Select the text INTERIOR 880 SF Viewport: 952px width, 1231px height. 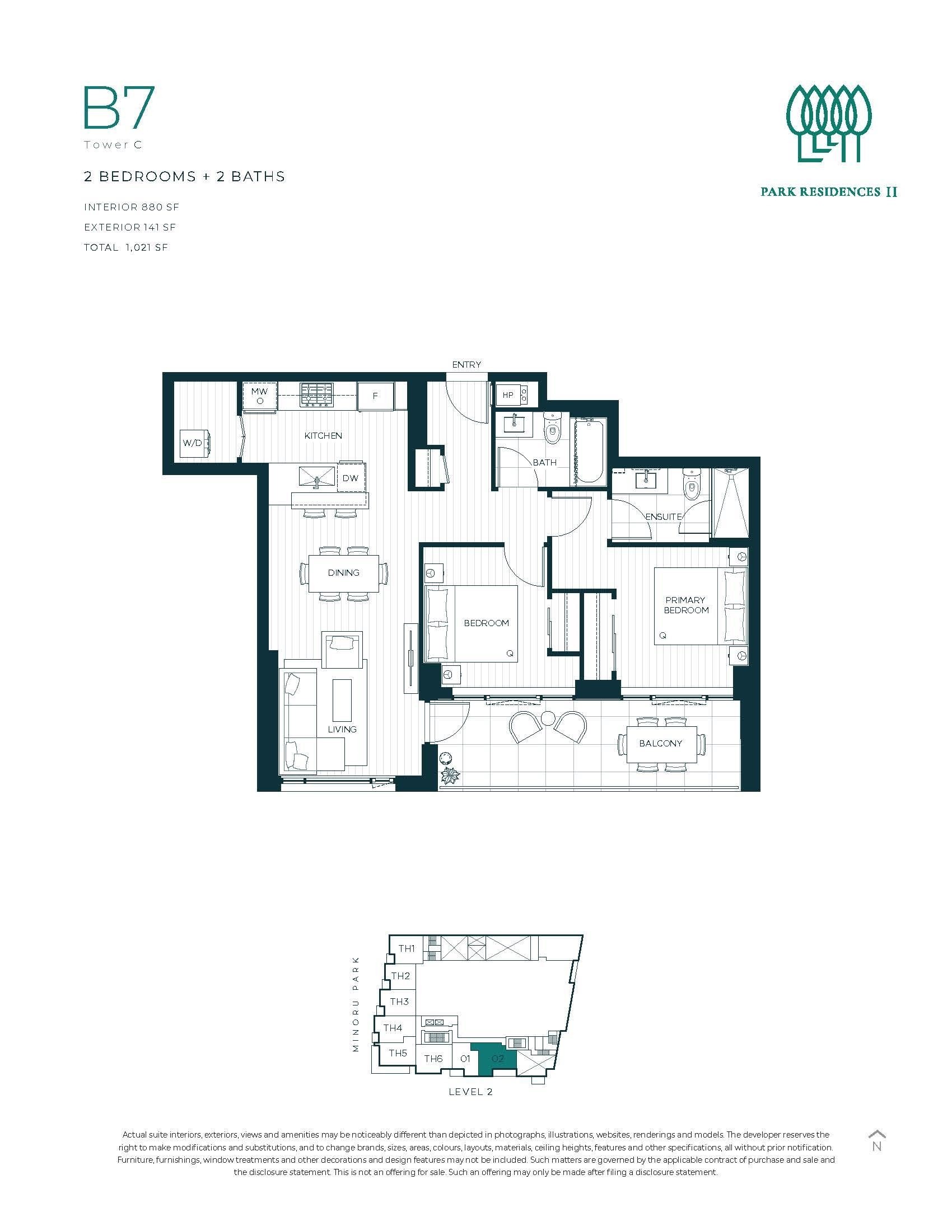point(132,208)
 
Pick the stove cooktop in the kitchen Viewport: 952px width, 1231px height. point(316,394)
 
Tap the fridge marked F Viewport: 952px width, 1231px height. point(375,396)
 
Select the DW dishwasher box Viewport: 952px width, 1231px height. point(350,478)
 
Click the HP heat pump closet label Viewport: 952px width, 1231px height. point(507,395)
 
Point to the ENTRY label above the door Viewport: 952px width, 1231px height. point(466,365)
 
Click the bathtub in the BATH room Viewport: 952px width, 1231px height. point(590,451)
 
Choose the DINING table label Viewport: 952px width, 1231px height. point(343,572)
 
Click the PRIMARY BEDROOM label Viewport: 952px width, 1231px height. point(686,605)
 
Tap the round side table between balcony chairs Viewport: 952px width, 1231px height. point(548,718)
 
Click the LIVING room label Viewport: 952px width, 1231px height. point(342,729)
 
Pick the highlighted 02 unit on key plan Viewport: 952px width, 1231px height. point(497,1059)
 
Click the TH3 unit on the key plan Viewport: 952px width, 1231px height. point(399,1002)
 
